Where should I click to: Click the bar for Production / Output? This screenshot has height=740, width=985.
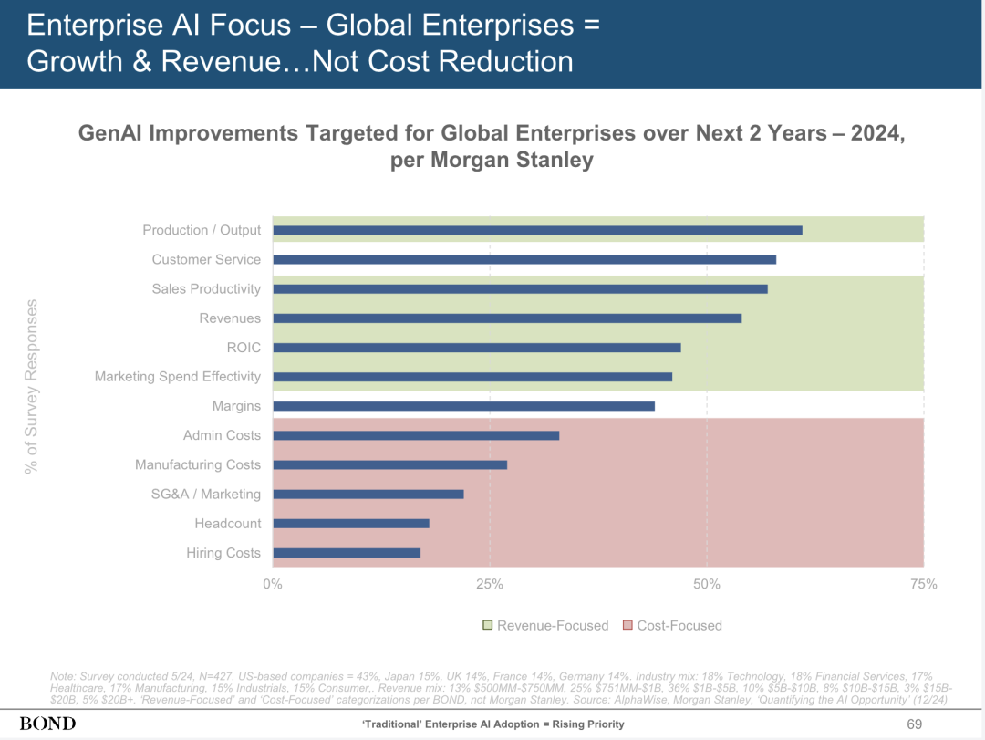click(x=537, y=230)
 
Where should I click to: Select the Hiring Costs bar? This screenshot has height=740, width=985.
click(x=347, y=553)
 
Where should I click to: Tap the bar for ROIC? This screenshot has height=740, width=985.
click(x=476, y=348)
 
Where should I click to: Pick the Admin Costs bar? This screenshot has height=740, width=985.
click(x=416, y=435)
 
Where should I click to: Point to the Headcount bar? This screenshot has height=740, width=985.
click(x=351, y=524)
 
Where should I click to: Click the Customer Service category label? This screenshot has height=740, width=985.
click(x=206, y=260)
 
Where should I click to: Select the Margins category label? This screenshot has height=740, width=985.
click(x=236, y=406)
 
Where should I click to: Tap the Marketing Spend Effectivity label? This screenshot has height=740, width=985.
click(x=178, y=377)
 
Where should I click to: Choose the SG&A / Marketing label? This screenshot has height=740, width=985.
click(x=206, y=495)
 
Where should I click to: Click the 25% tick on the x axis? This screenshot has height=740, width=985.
click(x=490, y=584)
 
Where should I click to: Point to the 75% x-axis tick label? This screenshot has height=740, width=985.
click(x=924, y=584)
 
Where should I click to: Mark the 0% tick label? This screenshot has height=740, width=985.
click(x=273, y=584)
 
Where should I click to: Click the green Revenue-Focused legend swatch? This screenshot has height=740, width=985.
click(x=487, y=626)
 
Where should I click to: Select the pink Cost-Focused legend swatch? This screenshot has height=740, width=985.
click(x=627, y=626)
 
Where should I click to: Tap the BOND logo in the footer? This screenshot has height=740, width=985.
click(x=47, y=724)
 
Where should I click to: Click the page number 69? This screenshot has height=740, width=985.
click(x=915, y=724)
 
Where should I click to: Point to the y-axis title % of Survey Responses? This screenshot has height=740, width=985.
click(x=32, y=387)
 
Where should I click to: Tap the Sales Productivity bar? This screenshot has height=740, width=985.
click(x=520, y=289)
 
